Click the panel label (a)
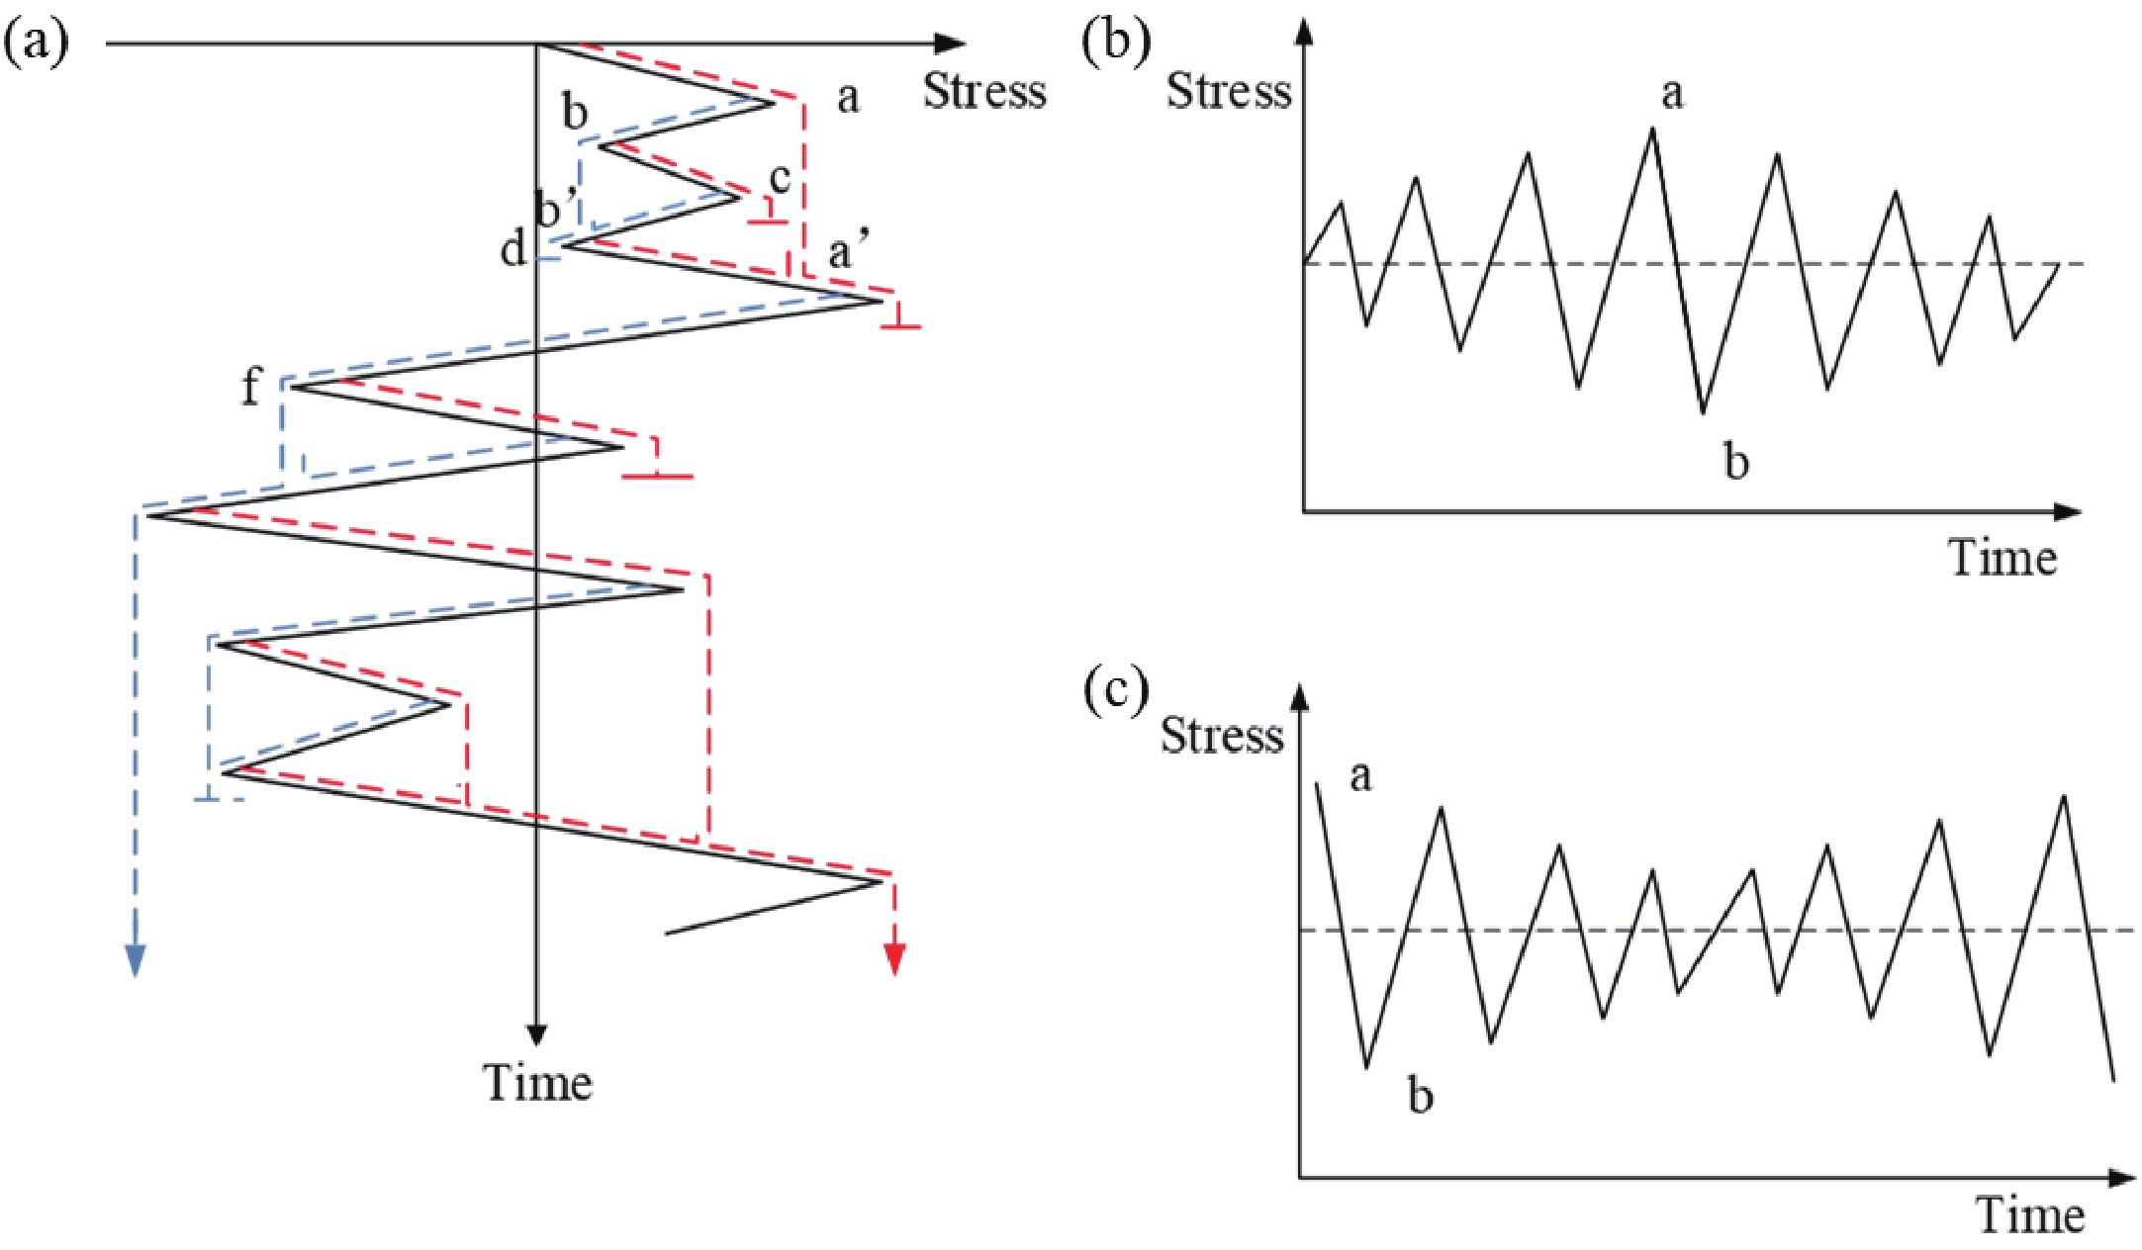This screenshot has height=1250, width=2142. (x=37, y=44)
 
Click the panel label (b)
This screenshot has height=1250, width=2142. (x=1117, y=44)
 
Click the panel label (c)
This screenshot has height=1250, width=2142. (x=1117, y=689)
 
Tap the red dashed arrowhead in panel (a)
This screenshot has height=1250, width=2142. (x=894, y=958)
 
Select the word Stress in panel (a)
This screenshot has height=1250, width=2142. (x=984, y=92)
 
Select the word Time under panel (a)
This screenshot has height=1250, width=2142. (x=537, y=1083)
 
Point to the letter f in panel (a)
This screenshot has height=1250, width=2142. (x=251, y=386)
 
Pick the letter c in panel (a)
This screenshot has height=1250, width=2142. (x=781, y=178)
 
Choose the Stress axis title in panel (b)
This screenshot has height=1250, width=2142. (x=1229, y=92)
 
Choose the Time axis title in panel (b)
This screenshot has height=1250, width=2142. (x=2002, y=559)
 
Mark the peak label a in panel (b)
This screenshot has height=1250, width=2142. (x=1671, y=94)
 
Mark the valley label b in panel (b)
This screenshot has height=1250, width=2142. (x=1735, y=461)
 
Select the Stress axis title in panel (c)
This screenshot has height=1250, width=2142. (x=1222, y=736)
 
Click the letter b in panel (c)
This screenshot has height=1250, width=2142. (x=1420, y=1096)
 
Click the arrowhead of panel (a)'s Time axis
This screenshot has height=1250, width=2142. (x=536, y=1034)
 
